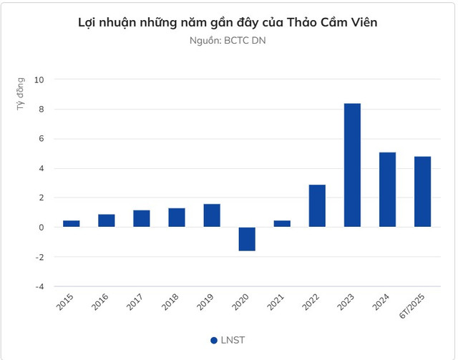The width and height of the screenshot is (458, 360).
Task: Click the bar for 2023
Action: pos(352,165)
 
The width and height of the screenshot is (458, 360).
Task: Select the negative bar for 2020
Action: pos(247,239)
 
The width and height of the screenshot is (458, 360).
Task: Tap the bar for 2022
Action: pos(317,206)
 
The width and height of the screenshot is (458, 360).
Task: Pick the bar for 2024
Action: pos(387,190)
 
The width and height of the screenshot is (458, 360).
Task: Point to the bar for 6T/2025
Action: pos(422,192)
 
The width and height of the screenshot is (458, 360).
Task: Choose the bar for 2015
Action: pos(72,223)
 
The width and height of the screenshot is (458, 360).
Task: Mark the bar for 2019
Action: pos(212,215)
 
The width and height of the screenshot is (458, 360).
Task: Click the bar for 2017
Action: pos(142,218)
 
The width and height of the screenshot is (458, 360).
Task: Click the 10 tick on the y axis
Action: pos(39,79)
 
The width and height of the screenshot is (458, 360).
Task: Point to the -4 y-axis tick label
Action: pos(39,286)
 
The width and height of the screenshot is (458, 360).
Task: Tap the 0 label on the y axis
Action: pos(42,228)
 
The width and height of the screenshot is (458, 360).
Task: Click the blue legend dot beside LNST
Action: pos(214,340)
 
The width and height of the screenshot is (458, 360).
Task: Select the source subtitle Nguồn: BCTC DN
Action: pos(228,40)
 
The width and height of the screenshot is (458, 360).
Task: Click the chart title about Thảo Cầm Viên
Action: pos(228,22)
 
